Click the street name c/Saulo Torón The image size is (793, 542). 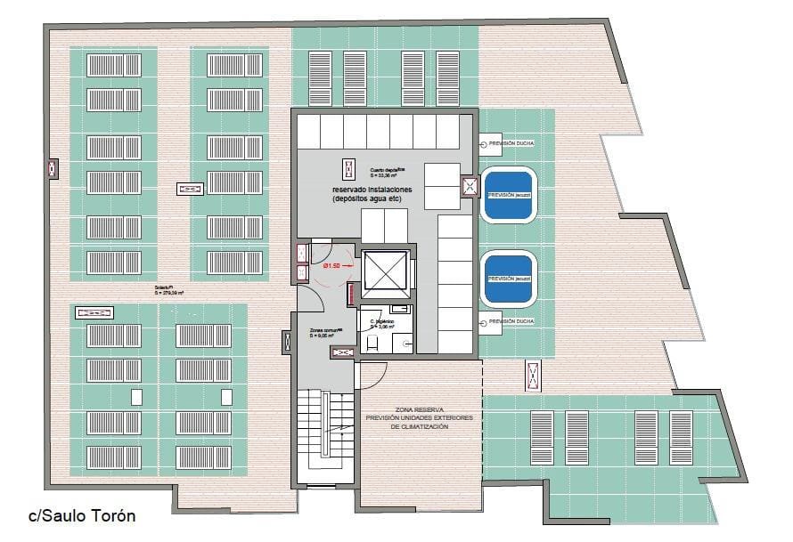82,515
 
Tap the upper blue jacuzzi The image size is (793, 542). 507,194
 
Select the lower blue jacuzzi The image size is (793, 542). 507,279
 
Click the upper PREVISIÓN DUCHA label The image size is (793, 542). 510,142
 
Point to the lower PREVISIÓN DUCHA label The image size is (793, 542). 510,322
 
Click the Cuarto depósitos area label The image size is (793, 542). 388,172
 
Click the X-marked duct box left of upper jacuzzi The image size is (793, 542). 470,186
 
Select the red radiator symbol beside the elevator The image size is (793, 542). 352,291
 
